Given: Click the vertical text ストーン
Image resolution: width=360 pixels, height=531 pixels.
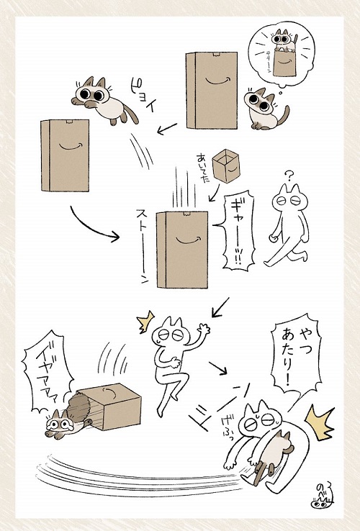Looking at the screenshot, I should coord(142,245).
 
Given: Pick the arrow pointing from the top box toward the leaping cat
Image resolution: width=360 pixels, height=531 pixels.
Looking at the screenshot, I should coord(168,129).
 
